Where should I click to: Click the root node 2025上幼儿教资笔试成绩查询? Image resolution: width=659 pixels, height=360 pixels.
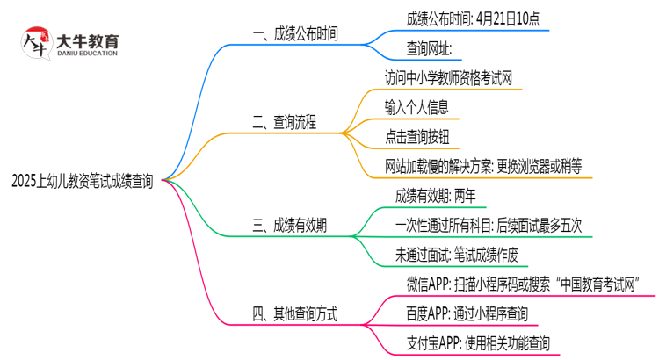pos(83,182)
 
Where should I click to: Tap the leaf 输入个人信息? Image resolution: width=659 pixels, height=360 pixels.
pos(416,107)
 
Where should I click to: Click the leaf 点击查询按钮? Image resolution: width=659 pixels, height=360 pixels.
pos(416,136)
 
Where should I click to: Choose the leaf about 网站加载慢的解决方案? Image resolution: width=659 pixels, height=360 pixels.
pos(482,165)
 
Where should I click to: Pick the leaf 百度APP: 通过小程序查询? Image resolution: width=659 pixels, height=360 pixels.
pos(467,313)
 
